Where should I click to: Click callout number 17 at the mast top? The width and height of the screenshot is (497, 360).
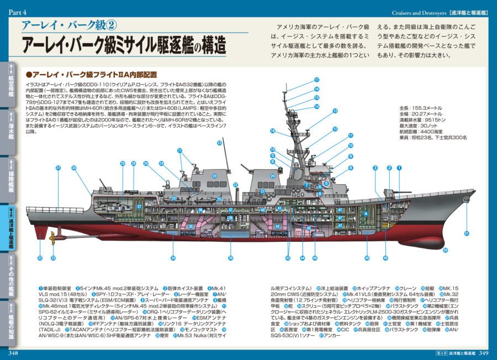click(x=317, y=80)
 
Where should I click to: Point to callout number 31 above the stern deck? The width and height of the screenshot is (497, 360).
click(x=58, y=168)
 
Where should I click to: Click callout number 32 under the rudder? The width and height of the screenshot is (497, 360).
click(x=40, y=258)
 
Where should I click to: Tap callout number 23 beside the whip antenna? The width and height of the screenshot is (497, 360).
click(x=219, y=143)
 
